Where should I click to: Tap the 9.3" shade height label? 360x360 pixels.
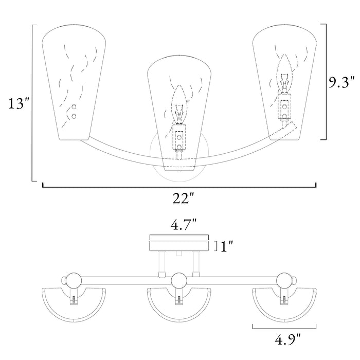click(x=341, y=82)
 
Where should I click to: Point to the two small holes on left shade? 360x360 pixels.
click(x=75, y=111)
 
